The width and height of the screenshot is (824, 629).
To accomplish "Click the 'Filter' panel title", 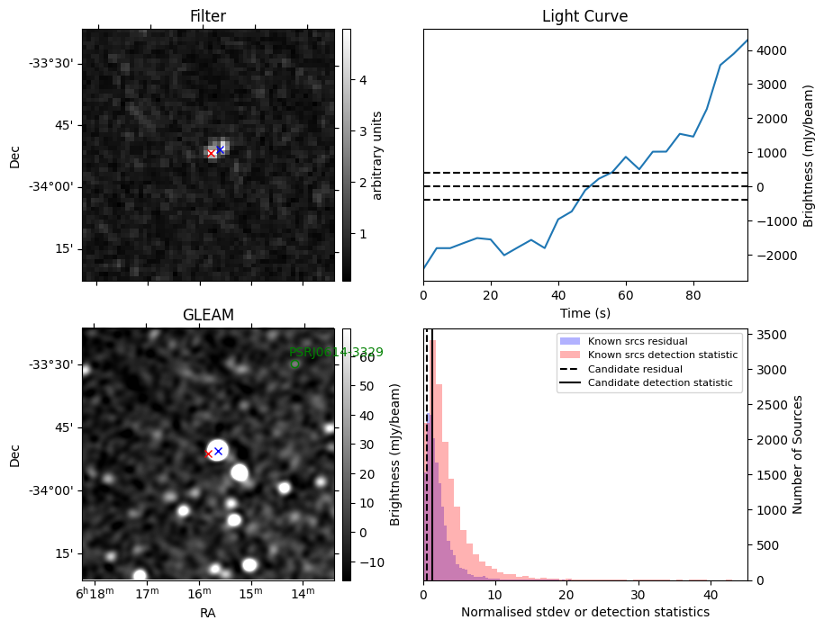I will click(x=207, y=16).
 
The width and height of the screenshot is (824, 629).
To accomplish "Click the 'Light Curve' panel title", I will click(x=584, y=16).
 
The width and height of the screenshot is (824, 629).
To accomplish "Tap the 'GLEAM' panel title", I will click(x=207, y=315).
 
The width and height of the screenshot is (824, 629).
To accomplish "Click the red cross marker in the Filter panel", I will click(x=212, y=154).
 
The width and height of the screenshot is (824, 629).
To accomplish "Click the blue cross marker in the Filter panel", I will click(x=221, y=149).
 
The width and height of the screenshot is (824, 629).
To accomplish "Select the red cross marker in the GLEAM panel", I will click(x=208, y=454).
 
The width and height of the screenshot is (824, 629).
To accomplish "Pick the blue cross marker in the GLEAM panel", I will click(x=218, y=451).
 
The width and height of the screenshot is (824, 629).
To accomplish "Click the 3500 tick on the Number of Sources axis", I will click(x=769, y=335).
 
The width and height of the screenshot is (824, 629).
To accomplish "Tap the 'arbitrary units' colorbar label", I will click(x=378, y=155).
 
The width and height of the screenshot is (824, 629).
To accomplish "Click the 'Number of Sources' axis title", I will click(x=798, y=454).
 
